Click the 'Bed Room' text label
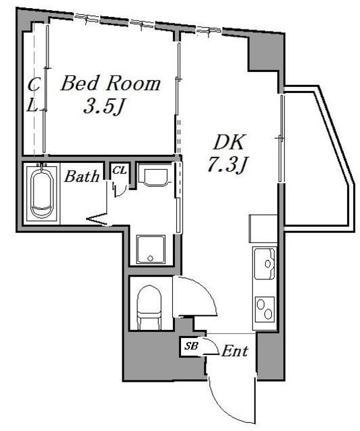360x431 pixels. pos(111,84)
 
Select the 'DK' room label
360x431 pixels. pos(230,142)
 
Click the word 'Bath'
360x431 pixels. pos(81,177)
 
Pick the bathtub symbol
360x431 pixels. pos(42,193)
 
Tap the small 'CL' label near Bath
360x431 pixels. pos(119,170)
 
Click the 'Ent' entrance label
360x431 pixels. pos(236,351)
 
